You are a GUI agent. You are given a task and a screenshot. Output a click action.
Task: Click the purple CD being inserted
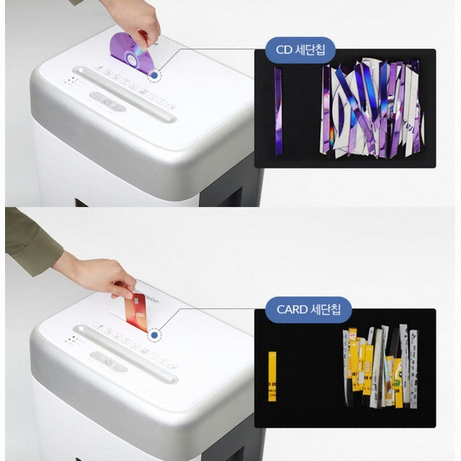128,51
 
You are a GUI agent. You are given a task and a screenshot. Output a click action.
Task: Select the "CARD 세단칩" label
308,309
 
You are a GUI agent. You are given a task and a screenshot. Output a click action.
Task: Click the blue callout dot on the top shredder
154,75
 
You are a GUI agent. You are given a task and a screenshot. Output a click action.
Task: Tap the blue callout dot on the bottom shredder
154,336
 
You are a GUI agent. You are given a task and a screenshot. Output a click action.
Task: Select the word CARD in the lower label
293,309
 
